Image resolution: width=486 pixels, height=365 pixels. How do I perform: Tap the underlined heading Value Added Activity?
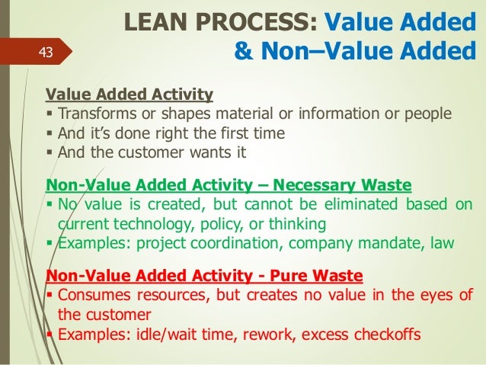[129, 95]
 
